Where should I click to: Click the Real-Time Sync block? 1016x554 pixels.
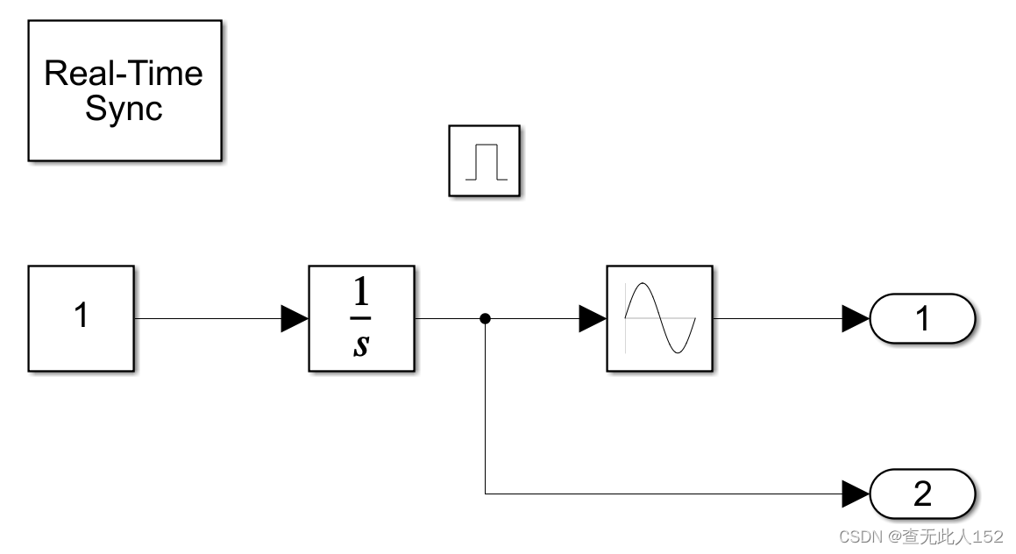click(124, 90)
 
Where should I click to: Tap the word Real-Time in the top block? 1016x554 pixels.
click(124, 73)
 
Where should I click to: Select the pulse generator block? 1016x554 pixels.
click(485, 160)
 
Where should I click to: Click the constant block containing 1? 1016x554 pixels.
click(81, 318)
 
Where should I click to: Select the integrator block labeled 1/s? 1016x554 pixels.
click(361, 318)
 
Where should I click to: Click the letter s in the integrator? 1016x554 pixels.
click(360, 344)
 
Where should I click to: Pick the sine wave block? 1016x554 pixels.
click(659, 318)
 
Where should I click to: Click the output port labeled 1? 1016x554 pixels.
click(922, 318)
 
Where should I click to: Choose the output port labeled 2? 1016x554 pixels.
click(922, 494)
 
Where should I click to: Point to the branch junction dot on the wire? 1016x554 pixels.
click(485, 318)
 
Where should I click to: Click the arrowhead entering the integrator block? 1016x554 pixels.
click(295, 319)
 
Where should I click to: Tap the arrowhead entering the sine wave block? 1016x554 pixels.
click(593, 319)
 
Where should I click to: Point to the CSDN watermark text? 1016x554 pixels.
click(920, 536)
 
